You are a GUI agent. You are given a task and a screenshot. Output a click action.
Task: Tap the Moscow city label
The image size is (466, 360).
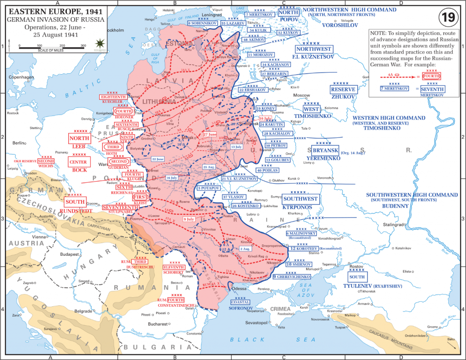tap(301, 95)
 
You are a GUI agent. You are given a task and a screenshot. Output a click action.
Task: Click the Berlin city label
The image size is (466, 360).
tap(19, 143)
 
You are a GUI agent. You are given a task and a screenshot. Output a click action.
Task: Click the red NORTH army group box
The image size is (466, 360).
tap(78, 138)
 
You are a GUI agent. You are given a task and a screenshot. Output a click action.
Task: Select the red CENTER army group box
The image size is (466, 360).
tap(78, 162)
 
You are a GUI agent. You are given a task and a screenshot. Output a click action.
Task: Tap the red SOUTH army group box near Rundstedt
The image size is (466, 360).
tap(75, 202)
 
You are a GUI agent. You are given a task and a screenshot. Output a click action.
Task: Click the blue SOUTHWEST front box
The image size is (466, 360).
tap(300, 199)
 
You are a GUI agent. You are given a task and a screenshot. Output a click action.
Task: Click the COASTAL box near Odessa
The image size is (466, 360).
tap(240, 302)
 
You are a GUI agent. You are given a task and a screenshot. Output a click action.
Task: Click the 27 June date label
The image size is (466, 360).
tap(210, 134)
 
